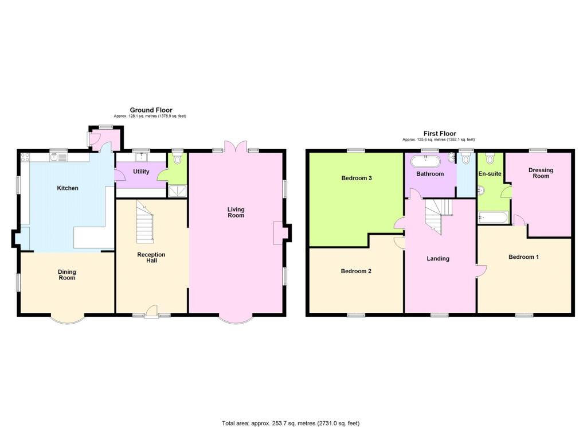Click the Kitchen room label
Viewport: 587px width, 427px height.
[68, 188]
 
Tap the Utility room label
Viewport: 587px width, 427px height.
[141, 172]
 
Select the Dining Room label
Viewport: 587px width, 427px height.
[67, 275]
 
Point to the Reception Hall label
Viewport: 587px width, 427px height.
[151, 258]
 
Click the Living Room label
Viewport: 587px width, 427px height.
[236, 212]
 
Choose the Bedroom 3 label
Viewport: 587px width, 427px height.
[357, 178]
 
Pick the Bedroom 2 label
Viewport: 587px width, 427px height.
[356, 271]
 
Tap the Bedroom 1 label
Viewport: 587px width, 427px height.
[523, 257]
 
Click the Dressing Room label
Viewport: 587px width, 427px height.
[541, 173]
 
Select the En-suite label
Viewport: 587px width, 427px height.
[490, 174]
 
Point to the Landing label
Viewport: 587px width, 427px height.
[438, 259]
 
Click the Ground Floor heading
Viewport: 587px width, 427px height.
[151, 110]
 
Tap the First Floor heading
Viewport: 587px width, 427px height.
[440, 134]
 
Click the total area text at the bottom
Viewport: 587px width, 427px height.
[291, 423]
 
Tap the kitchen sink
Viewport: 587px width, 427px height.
[58, 157]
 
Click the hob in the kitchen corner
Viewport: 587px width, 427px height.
[25, 157]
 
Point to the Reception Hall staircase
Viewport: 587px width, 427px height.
[145, 222]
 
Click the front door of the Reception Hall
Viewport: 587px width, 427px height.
[151, 312]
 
